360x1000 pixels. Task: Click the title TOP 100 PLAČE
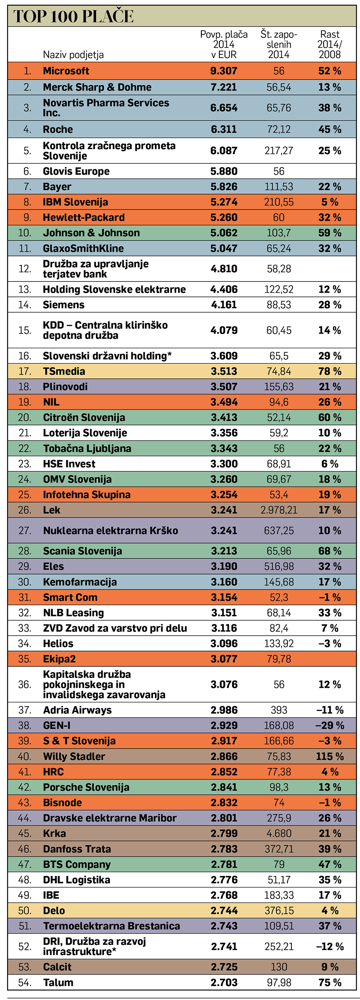coord(73,16)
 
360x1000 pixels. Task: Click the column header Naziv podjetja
coord(73,55)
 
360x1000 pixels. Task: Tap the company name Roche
coord(58,129)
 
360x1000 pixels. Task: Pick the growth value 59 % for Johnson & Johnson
coord(330,233)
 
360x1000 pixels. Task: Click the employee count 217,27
coord(279,151)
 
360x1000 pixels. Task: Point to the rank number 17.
coord(24,371)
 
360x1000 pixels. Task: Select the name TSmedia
coord(64,371)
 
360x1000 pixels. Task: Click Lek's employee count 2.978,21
coord(279,510)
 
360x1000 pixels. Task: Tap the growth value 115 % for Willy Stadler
coord(330,757)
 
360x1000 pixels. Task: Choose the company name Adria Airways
coord(77,710)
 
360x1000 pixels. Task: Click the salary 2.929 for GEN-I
coord(224,726)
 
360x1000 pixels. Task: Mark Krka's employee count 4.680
coord(279,834)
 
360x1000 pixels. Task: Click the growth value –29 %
coord(330,726)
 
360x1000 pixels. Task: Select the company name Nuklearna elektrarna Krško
coord(110,531)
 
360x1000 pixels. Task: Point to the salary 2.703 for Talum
coord(224,982)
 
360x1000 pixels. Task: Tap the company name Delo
coord(54,911)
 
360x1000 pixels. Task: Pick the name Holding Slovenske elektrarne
coord(114,290)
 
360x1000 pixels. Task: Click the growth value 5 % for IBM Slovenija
coord(330,202)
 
